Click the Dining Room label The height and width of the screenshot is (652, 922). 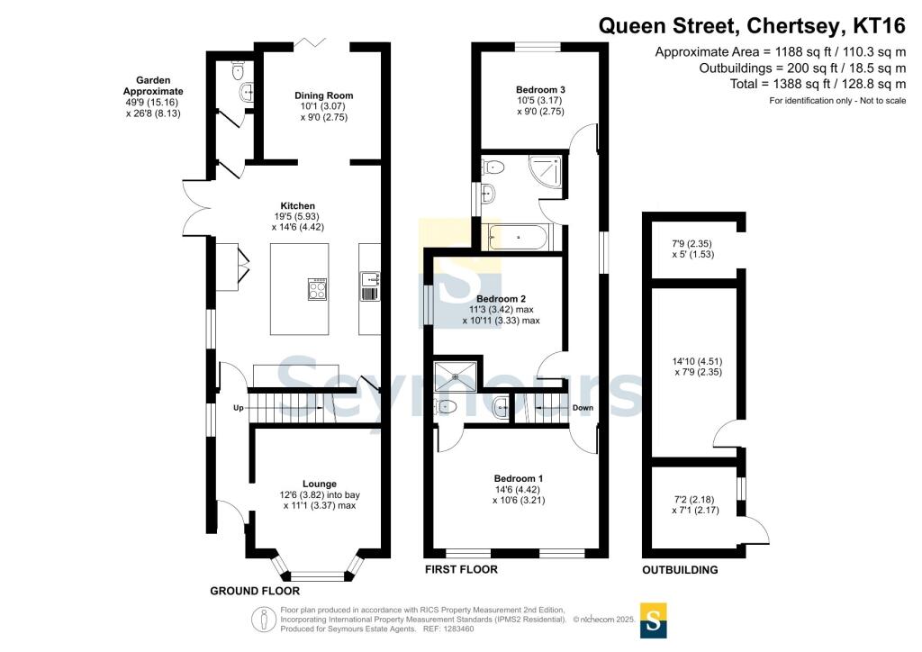[x=324, y=95]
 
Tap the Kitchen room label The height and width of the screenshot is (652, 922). [x=297, y=205]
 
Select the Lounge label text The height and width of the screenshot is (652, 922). [x=320, y=484]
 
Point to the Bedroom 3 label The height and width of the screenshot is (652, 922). [x=540, y=90]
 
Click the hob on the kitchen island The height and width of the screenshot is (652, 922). [x=318, y=288]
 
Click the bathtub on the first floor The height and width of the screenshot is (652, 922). [x=518, y=238]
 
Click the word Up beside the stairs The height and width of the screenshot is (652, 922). [x=238, y=407]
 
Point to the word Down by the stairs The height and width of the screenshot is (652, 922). [x=583, y=407]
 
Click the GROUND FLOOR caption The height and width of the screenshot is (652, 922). [x=255, y=591]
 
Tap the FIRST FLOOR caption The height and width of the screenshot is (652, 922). [x=461, y=569]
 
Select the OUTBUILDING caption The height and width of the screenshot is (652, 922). [x=680, y=570]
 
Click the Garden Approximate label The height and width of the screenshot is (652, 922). [x=153, y=86]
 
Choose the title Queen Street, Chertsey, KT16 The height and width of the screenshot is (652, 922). [x=752, y=26]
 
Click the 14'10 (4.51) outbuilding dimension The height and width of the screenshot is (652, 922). [x=698, y=361]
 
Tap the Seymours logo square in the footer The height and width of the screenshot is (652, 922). [x=653, y=620]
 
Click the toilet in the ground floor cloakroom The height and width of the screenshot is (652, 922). [x=238, y=70]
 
